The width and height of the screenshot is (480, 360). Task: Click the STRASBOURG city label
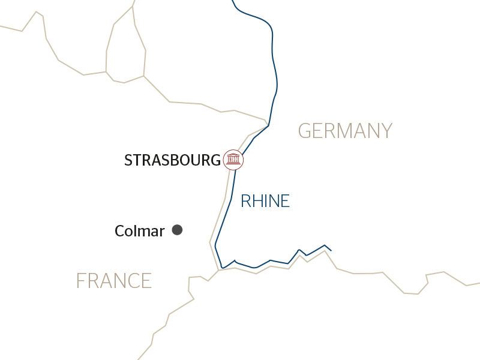pyautogui.click(x=172, y=160)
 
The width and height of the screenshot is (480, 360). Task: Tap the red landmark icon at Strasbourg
pyautogui.click(x=233, y=160)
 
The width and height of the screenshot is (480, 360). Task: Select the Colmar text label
pyautogui.click(x=140, y=231)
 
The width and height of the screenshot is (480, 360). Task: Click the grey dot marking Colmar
pyautogui.click(x=177, y=229)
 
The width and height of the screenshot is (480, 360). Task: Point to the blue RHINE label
pyautogui.click(x=265, y=201)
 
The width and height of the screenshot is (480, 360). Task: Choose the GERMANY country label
pyautogui.click(x=345, y=130)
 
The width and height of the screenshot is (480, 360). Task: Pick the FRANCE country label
pyautogui.click(x=114, y=280)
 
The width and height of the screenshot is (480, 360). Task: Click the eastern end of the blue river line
pyautogui.click(x=331, y=250)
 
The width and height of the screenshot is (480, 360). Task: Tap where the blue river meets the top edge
pyautogui.click(x=233, y=1)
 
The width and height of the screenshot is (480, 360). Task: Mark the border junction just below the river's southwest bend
pyautogui.click(x=218, y=270)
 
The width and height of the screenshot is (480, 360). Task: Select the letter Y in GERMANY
pyautogui.click(x=385, y=130)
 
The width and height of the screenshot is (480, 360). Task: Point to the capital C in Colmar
pyautogui.click(x=119, y=231)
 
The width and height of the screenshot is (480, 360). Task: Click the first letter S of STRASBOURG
pyautogui.click(x=128, y=160)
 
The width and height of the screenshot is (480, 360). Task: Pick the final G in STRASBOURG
pyautogui.click(x=215, y=160)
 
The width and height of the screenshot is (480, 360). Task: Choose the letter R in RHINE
pyautogui.click(x=245, y=201)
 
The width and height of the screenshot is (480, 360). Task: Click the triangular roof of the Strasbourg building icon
pyautogui.click(x=233, y=155)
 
